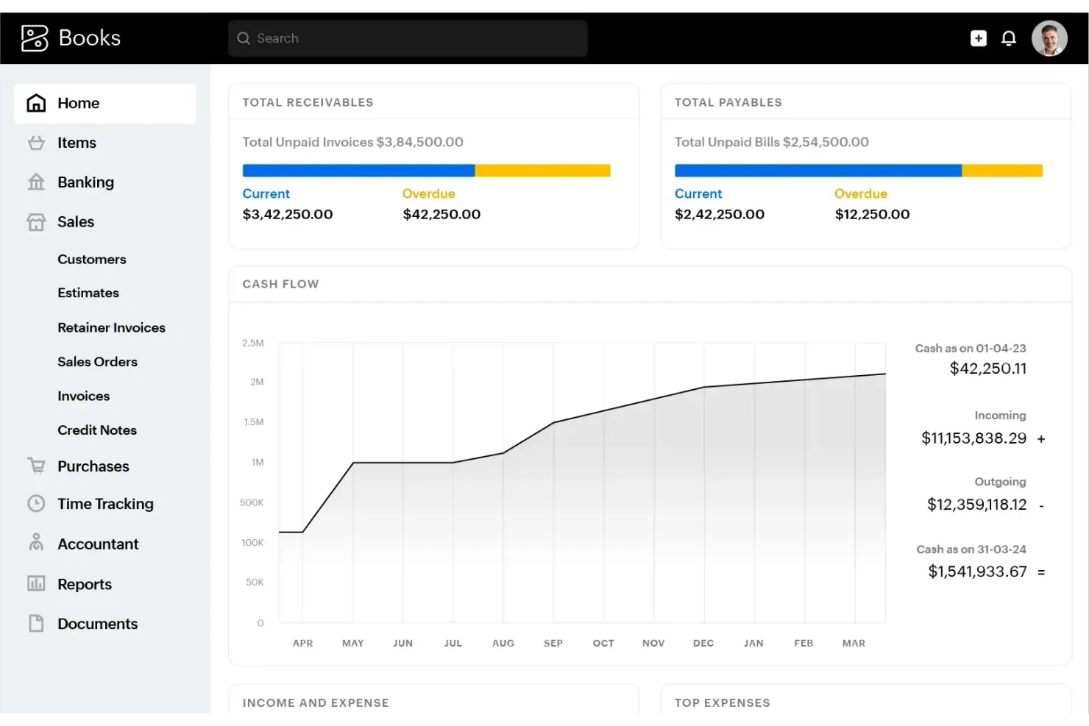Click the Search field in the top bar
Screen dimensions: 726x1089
[x=408, y=38]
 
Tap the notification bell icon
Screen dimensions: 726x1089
[x=1009, y=38]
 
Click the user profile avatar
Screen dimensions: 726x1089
[x=1049, y=38]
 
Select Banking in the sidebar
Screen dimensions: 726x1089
[x=85, y=182]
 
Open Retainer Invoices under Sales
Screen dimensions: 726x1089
[x=111, y=327]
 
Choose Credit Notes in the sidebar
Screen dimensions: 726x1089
[x=97, y=430]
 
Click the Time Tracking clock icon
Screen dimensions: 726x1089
[x=36, y=504]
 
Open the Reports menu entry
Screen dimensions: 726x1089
[x=85, y=584]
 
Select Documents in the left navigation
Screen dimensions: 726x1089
[x=97, y=624]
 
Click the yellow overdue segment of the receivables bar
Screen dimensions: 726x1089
[x=542, y=171]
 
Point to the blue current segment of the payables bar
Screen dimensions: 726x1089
[x=817, y=171]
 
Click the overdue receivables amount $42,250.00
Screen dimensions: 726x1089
[x=441, y=214]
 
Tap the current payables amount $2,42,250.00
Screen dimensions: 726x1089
[x=719, y=214]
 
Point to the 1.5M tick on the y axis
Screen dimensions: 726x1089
[x=253, y=422]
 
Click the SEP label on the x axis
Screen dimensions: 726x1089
[x=553, y=643]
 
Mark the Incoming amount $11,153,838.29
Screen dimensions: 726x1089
[x=973, y=438]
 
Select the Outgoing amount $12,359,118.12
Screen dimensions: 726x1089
[x=976, y=505]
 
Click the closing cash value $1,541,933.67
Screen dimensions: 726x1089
[x=977, y=572]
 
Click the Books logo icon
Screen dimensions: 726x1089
[x=35, y=38]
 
